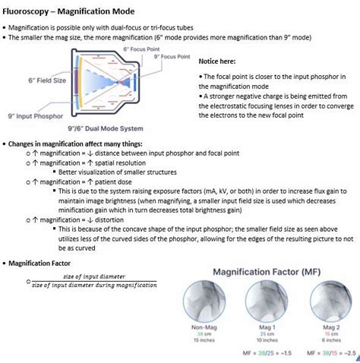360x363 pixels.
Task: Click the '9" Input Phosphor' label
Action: (35, 115)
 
